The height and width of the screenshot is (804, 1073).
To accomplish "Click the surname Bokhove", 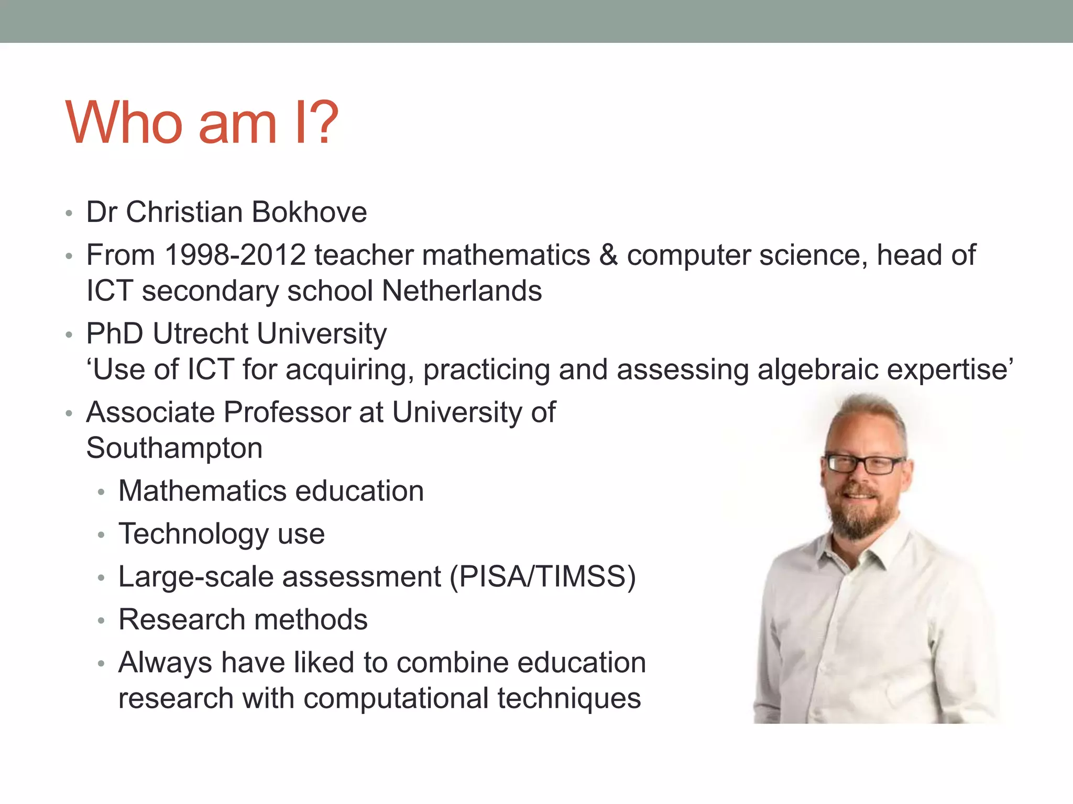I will pyautogui.click(x=309, y=213).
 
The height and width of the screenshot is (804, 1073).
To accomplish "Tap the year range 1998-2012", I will pyautogui.click(x=235, y=255).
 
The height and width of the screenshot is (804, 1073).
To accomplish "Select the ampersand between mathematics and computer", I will pyautogui.click(x=608, y=255).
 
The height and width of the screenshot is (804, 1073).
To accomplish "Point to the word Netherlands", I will pyautogui.click(x=462, y=291).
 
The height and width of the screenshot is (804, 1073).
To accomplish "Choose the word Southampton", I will pyautogui.click(x=174, y=449).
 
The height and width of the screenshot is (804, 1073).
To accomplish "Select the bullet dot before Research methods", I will pyautogui.click(x=102, y=621).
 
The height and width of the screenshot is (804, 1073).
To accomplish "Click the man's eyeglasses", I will pyautogui.click(x=864, y=464).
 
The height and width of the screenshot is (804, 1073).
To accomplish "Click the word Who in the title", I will pyautogui.click(x=124, y=123).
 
